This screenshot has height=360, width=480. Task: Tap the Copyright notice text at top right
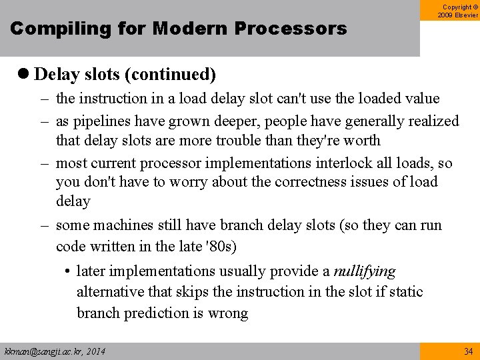(x=457, y=11)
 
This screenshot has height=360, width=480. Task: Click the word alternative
(x=110, y=292)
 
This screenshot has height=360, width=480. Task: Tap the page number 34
(x=468, y=351)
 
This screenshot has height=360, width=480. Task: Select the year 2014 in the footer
(x=94, y=351)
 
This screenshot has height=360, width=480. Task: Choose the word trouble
(x=250, y=141)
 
